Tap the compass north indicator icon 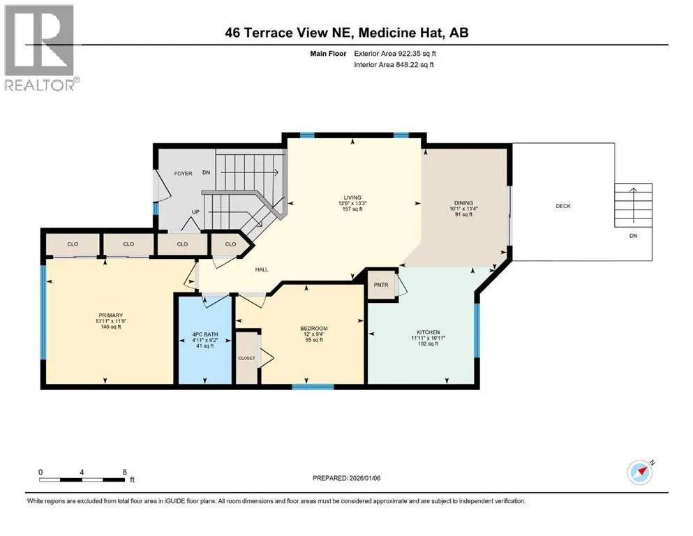tap(641, 472)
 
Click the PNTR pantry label tap(381, 285)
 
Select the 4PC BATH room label tap(205, 334)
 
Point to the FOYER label tap(183, 174)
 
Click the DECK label tap(563, 206)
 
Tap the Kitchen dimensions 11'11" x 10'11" tap(429, 338)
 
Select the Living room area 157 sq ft tap(352, 209)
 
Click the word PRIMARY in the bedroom tap(110, 315)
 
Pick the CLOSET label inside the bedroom tap(246, 358)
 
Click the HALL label tap(262, 269)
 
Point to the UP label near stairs tap(195, 212)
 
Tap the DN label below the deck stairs tap(634, 236)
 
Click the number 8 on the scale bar tap(125, 472)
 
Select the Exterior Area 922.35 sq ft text tap(395, 54)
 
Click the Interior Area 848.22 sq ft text tap(394, 64)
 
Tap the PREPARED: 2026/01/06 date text tap(346, 478)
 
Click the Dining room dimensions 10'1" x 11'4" tap(463, 209)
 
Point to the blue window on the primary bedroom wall tap(43, 312)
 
